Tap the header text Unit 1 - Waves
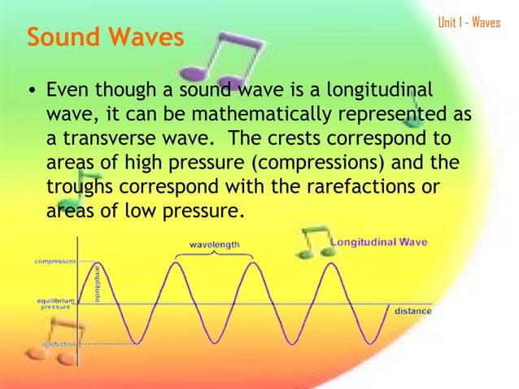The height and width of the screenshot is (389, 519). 469,22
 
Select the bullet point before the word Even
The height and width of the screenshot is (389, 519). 31,89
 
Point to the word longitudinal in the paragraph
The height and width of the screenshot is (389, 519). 382,88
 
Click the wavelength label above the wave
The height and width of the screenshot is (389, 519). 214,243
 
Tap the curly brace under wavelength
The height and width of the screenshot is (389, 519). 214,254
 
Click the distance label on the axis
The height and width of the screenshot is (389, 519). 412,311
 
